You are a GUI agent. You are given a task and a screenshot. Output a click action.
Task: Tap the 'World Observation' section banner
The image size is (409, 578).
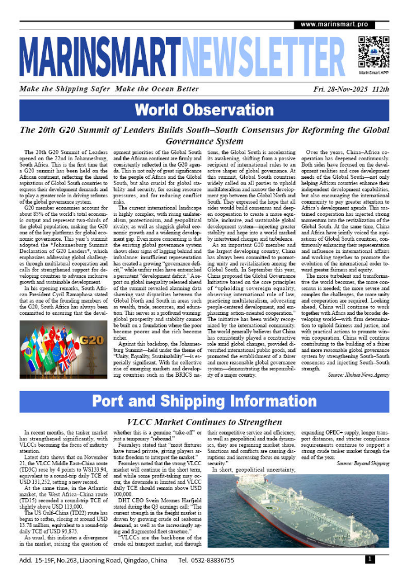click(204, 110)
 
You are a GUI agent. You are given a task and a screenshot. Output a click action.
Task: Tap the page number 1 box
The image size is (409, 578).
click(369, 559)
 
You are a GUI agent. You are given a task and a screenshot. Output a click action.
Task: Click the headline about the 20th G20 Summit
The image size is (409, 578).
click(204, 135)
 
